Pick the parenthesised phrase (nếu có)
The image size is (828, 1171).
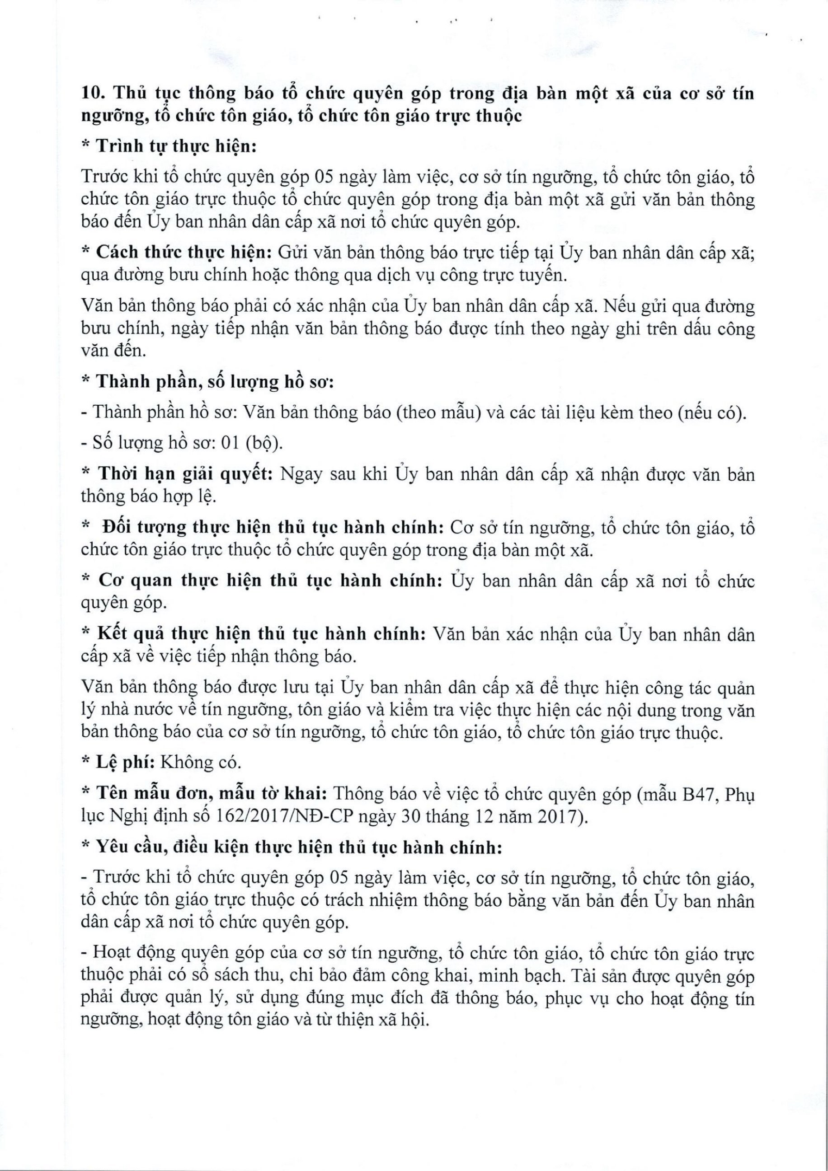coord(712,412)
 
